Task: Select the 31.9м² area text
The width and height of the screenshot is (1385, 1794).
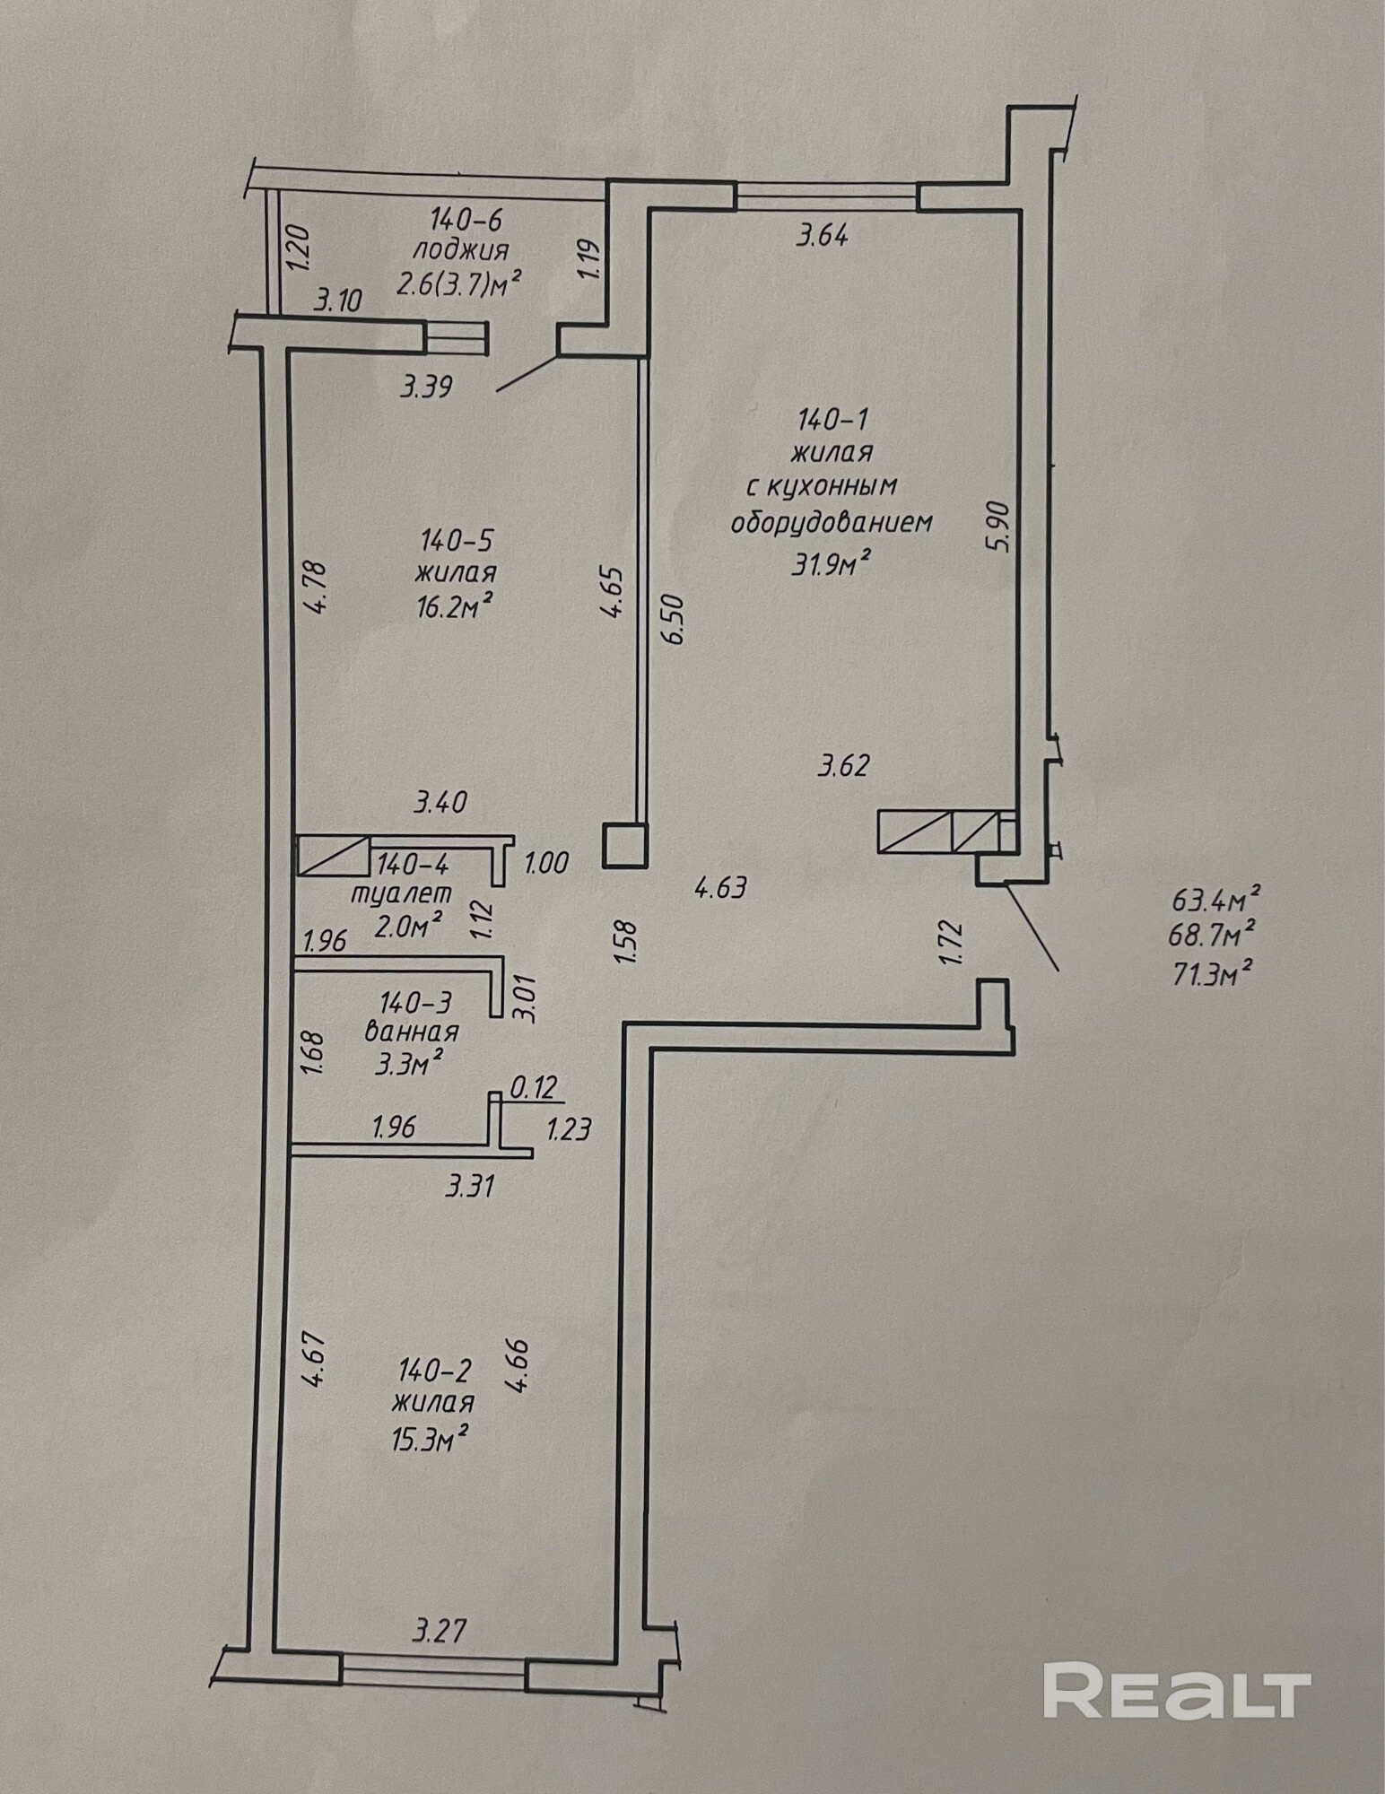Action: coord(832,563)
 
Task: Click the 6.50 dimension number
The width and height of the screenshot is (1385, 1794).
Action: coord(674,619)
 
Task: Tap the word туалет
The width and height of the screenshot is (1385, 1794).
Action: coord(401,894)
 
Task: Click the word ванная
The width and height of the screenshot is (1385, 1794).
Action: coord(412,1032)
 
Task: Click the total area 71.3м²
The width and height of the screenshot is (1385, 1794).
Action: coord(1212,972)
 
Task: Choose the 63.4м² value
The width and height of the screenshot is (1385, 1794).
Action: coord(1212,897)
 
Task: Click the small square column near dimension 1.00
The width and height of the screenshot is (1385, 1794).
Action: coord(625,845)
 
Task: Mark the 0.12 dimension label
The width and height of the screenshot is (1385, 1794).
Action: coord(534,1088)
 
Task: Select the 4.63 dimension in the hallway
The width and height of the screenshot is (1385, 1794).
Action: coord(720,888)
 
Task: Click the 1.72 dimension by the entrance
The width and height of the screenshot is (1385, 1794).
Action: coord(953,943)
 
